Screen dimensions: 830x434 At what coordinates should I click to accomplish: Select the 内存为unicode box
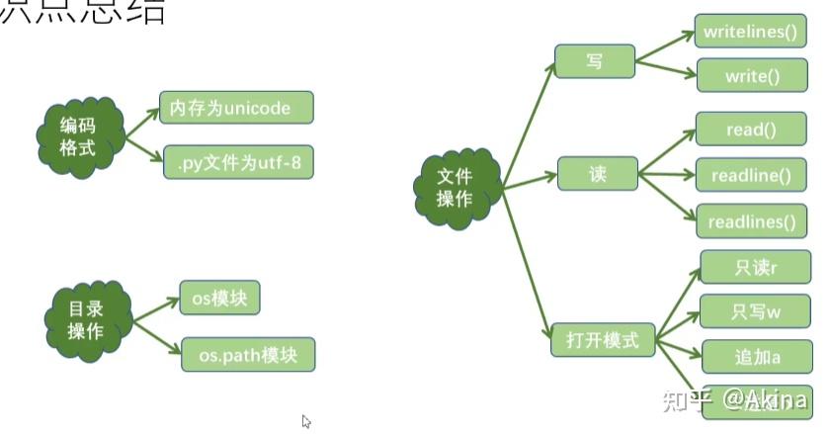pyautogui.click(x=236, y=108)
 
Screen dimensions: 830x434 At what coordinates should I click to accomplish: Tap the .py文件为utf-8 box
pyautogui.click(x=238, y=161)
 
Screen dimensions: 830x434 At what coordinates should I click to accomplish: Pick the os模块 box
pyautogui.click(x=218, y=299)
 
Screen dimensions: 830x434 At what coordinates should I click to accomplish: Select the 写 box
pyautogui.click(x=594, y=61)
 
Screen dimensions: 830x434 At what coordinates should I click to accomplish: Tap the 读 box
pyautogui.click(x=597, y=174)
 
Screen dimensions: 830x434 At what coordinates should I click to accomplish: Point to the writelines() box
pyautogui.click(x=749, y=32)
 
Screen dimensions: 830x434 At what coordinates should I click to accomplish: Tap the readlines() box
pyautogui.click(x=752, y=221)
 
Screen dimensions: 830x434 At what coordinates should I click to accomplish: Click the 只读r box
pyautogui.click(x=756, y=267)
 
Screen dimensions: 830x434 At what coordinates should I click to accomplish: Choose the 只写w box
pyautogui.click(x=756, y=312)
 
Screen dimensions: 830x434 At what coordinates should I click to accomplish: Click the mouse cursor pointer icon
pyautogui.click(x=306, y=421)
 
